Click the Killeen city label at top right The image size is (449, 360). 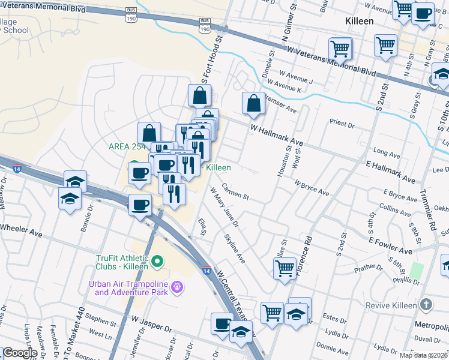pyautogui.click(x=360, y=20)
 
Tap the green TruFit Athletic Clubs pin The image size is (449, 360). pyautogui.click(x=158, y=261)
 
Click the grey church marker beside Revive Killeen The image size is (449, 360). pyautogui.click(x=426, y=305)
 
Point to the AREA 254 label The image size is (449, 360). pyautogui.click(x=127, y=147)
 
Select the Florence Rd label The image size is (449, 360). pyautogui.click(x=307, y=247)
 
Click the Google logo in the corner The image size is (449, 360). pyautogui.click(x=19, y=353)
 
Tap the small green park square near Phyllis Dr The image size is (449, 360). pyautogui.click(x=417, y=269)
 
